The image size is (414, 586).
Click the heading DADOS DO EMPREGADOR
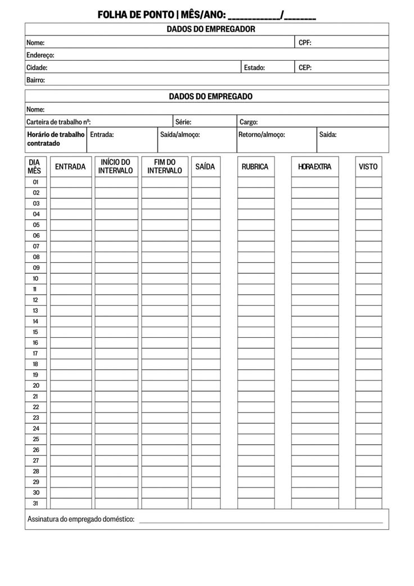[x=210, y=29]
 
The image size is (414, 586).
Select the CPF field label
[x=305, y=43]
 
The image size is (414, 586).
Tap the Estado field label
[x=254, y=68]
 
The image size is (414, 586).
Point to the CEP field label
[x=305, y=68]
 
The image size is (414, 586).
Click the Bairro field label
[x=35, y=80]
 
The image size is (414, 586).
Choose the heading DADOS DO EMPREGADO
[x=210, y=96]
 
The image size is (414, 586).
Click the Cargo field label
[x=249, y=122]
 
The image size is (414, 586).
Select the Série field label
[x=183, y=122]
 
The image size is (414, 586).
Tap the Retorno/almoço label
[x=262, y=135]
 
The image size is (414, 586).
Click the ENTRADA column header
[x=70, y=167]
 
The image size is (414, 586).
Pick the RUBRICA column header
[x=255, y=167]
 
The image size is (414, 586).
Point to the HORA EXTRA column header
[x=315, y=167]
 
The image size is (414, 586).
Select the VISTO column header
[x=368, y=167]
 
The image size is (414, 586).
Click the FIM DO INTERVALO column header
[x=165, y=167]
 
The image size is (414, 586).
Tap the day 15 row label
[x=35, y=332]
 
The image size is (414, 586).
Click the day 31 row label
[x=35, y=503]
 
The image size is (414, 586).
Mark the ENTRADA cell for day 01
[x=70, y=182]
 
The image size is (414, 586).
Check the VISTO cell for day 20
[x=368, y=386]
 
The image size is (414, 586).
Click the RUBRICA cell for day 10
[x=255, y=279]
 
